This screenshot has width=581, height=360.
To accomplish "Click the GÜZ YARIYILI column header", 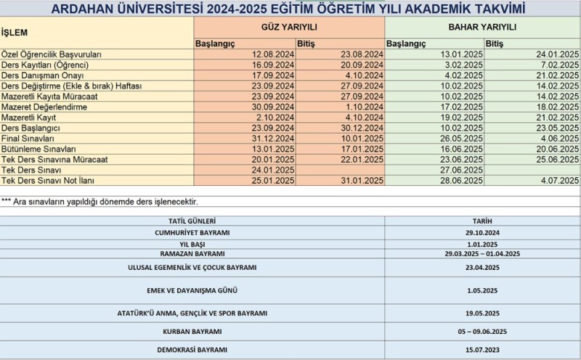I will pos(289,26).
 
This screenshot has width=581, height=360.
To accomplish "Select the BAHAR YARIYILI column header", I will pos(482,26).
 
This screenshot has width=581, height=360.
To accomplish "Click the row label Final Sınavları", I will pos(28,138).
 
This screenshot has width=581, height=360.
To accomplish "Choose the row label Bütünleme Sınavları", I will pos(38,148).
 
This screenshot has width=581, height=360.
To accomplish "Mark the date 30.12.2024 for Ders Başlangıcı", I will pos(361,128).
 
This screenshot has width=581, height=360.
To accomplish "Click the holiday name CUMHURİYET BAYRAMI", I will pos(192,232).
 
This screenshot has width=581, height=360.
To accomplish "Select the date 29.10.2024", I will pos(482,232).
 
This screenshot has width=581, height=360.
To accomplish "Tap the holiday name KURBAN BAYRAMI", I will pos(192,331).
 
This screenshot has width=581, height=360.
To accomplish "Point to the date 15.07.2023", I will pos(482,349).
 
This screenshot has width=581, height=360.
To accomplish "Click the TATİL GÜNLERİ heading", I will pos(192,221).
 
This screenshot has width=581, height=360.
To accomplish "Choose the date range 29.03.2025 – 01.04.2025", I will pos(482,254).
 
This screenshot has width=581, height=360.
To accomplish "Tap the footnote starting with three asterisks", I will pos(99,201).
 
